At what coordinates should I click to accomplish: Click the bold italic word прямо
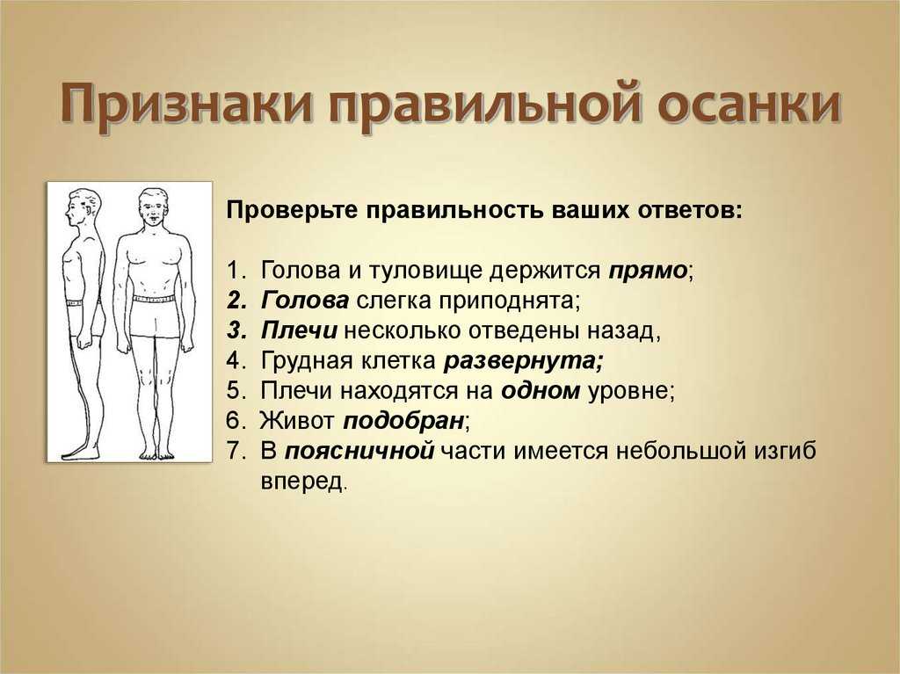[648, 270]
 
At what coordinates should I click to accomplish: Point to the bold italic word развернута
[524, 360]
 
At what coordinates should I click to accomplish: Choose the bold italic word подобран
[403, 421]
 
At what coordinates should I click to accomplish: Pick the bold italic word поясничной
[359, 451]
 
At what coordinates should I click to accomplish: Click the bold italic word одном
[541, 390]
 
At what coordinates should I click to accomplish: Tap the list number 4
[236, 360]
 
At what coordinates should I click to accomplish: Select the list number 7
[236, 451]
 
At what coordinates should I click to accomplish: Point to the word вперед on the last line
[302, 481]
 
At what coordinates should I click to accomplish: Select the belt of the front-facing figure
[154, 299]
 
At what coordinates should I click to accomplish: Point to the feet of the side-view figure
[80, 453]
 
